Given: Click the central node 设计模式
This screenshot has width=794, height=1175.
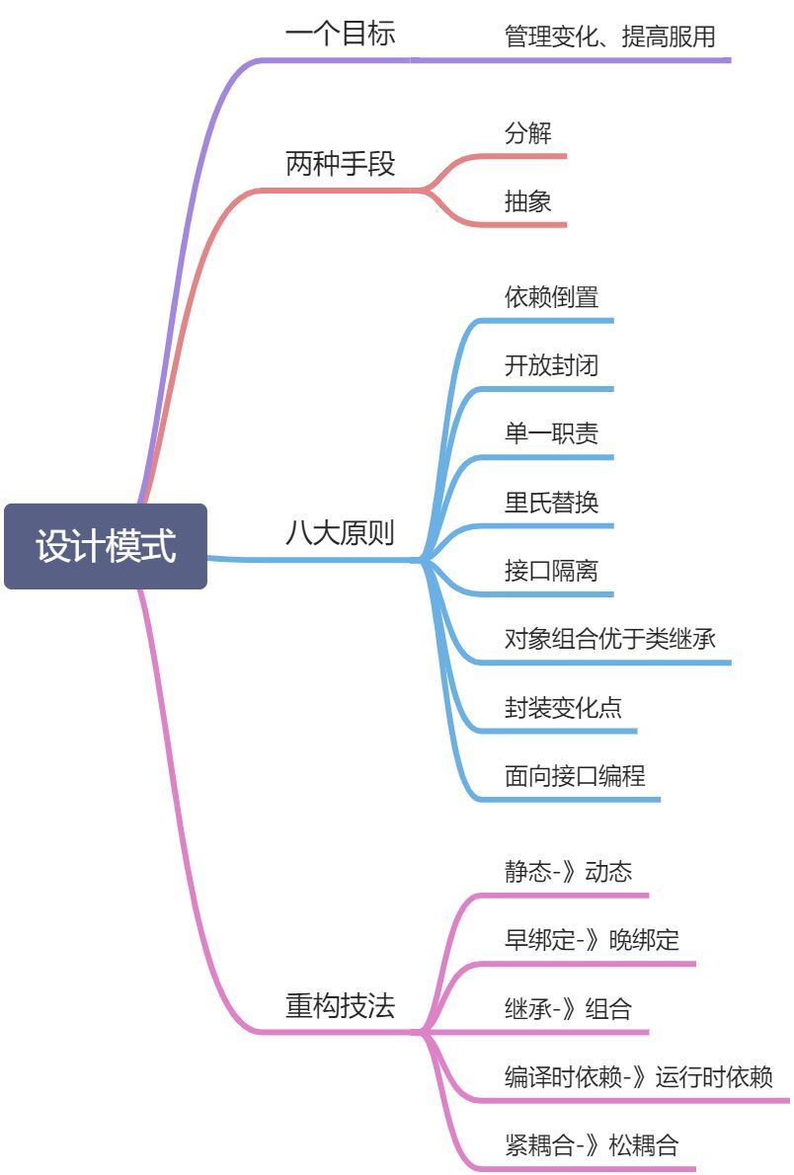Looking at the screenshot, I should point(106,546).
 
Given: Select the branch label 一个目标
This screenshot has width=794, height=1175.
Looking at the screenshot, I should point(340,34).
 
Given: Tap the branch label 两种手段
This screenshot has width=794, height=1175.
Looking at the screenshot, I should point(340,164).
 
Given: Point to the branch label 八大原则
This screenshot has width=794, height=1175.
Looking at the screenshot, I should point(340,534).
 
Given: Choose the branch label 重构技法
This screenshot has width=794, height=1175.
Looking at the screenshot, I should point(340,1007).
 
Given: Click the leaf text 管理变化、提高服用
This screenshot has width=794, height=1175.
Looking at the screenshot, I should point(609,38).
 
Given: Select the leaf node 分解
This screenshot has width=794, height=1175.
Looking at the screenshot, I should point(527,133).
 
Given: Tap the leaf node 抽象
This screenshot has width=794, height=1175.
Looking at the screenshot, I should point(527,202).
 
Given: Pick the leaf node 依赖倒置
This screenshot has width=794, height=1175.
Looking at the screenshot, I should point(551,297).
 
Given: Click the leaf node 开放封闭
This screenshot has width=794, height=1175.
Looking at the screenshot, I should point(551,365).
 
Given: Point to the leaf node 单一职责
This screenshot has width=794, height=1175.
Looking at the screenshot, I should point(551,433).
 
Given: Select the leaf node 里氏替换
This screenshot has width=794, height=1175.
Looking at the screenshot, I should point(551,502).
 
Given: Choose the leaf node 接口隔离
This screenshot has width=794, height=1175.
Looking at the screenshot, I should point(551,571).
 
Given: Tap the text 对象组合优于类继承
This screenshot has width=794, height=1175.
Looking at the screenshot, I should point(609,639).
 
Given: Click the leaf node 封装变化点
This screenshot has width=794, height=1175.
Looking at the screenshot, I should point(563,707).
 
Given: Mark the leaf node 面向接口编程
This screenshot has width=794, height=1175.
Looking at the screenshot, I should point(575,776).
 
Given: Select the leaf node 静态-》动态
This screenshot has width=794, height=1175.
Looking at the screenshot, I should point(568,872).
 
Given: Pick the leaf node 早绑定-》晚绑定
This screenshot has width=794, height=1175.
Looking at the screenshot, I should point(592,940).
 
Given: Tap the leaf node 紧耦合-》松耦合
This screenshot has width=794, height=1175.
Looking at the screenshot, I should point(592,1145).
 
